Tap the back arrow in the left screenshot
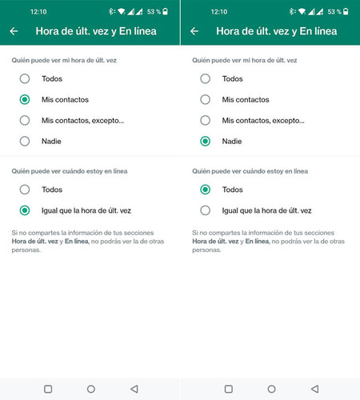pos(14,31)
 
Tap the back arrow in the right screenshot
pos(194,31)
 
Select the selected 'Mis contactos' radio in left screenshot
pos(25,100)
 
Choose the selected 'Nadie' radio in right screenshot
pos(206,142)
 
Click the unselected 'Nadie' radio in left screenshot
pos(25,142)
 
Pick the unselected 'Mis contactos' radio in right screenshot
pos(206,100)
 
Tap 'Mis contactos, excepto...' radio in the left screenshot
pos(25,121)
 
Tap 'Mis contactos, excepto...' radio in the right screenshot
pos(206,121)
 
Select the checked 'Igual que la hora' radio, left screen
pos(25,210)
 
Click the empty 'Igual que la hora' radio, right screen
pos(206,210)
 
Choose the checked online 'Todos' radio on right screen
pos(206,190)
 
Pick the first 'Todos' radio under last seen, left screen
pos(25,79)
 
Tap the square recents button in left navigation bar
pos(48,389)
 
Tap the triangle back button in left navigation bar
pos(134,389)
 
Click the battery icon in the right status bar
pos(346,11)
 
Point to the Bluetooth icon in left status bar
pos(111,11)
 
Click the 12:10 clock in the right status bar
pos(219,12)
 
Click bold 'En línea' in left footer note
pos(77,242)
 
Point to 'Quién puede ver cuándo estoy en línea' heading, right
pos(250,171)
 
